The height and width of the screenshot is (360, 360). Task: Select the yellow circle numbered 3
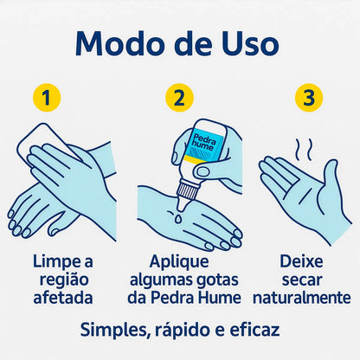[x=309, y=98]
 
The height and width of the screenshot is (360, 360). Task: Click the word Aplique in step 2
[x=180, y=261]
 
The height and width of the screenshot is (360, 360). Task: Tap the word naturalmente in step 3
[x=302, y=299]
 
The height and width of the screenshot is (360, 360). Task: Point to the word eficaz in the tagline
[x=256, y=331]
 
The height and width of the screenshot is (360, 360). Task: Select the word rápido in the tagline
[x=186, y=331]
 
